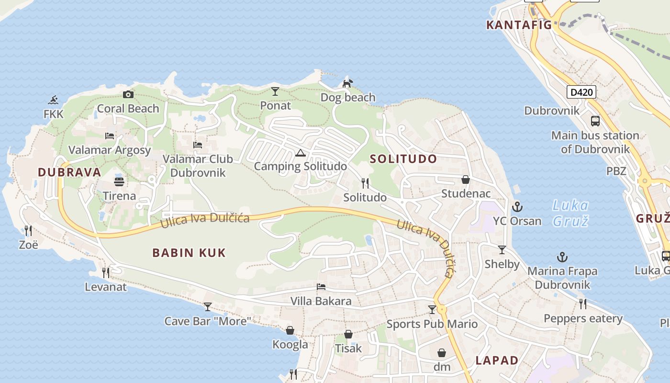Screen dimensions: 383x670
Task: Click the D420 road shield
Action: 581,92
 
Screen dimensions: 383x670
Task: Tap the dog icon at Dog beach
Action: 347,83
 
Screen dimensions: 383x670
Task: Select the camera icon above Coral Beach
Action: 128,94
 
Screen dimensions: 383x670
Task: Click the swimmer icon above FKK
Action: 53,100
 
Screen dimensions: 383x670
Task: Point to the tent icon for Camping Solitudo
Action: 300,153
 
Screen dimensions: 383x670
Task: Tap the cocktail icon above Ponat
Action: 275,91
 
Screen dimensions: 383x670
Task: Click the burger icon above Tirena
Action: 119,181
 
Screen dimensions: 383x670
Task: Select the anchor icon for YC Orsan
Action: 517,207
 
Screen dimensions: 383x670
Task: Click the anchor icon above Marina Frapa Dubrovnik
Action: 562,257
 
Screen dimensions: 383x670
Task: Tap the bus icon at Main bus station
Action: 595,121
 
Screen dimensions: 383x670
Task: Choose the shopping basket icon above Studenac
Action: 465,180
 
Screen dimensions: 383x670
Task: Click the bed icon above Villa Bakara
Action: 321,287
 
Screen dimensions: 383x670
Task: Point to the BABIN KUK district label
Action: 189,253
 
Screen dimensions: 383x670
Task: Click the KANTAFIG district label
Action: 519,25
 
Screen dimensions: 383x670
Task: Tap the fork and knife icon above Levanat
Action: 106,272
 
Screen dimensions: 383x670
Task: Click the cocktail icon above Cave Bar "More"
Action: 208,306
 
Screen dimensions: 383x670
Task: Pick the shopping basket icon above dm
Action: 442,353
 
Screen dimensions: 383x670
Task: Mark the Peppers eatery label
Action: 583,318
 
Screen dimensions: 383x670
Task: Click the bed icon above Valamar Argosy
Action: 110,135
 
